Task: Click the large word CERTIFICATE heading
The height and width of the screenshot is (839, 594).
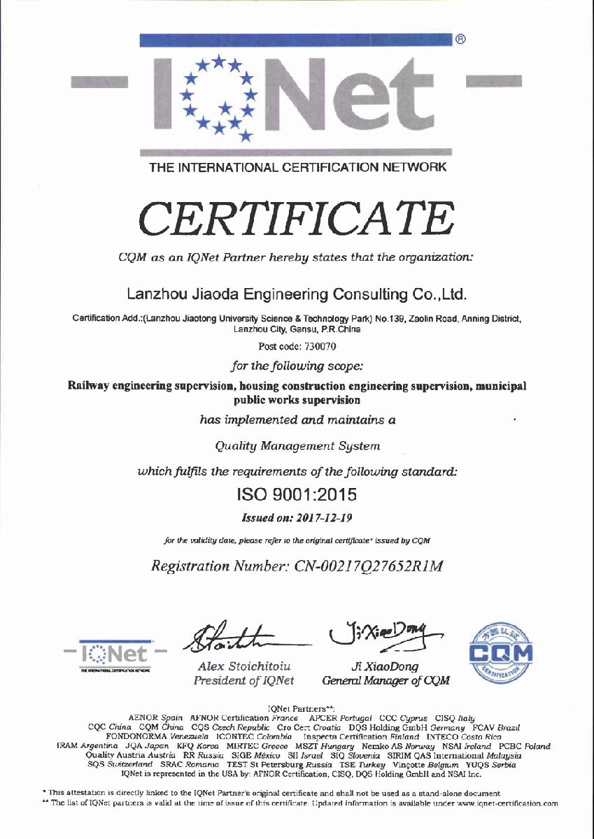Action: click(297, 219)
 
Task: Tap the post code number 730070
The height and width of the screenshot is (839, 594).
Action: click(297, 346)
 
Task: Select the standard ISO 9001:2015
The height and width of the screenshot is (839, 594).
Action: click(297, 494)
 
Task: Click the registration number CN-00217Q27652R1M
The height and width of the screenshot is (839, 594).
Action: click(297, 566)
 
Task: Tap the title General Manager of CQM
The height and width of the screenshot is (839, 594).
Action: click(386, 680)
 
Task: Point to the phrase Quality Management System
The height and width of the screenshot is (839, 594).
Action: click(297, 445)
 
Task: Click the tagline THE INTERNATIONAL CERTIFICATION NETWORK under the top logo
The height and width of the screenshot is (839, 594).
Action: click(297, 168)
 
